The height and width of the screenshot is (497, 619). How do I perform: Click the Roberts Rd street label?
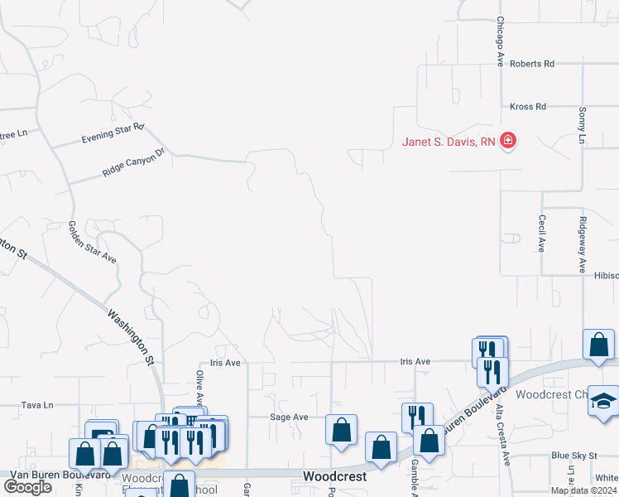[x=531, y=63]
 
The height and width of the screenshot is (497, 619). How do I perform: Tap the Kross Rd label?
[x=528, y=107]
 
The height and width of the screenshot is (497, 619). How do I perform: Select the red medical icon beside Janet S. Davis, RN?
[x=508, y=141]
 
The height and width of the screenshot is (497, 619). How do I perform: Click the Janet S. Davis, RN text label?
[x=449, y=142]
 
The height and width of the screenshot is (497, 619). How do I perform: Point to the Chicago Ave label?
[x=500, y=42]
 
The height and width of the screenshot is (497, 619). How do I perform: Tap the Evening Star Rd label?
[x=113, y=134]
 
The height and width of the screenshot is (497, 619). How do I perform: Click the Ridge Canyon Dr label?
[x=134, y=162]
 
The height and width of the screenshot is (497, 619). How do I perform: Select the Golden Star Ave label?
[x=92, y=242]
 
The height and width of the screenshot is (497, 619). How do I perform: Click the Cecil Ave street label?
[x=541, y=234]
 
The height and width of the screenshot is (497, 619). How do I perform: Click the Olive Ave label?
[x=199, y=387]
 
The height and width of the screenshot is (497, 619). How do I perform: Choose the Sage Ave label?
[x=290, y=417]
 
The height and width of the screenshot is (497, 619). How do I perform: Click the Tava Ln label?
[x=37, y=405]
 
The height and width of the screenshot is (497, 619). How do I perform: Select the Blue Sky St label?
[x=573, y=456]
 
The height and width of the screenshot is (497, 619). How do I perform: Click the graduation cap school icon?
[x=603, y=400]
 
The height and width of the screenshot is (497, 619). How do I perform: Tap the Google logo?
[x=28, y=487]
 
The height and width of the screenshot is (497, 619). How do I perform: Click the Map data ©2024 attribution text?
[x=583, y=490]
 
